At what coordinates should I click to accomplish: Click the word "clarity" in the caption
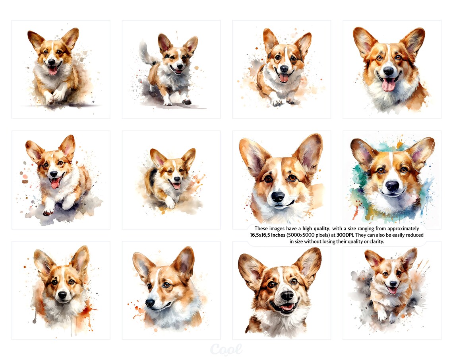coord(376,241)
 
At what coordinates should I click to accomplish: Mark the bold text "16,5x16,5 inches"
coord(265,235)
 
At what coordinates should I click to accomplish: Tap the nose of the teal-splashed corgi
coord(392,185)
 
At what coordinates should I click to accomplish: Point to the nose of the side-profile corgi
coord(150,303)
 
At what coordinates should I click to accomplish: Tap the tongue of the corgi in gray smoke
coord(392,291)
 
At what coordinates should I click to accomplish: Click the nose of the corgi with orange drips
coord(62,295)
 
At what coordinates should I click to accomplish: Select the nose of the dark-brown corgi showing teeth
coord(287,295)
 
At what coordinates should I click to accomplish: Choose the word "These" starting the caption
coord(261,229)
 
